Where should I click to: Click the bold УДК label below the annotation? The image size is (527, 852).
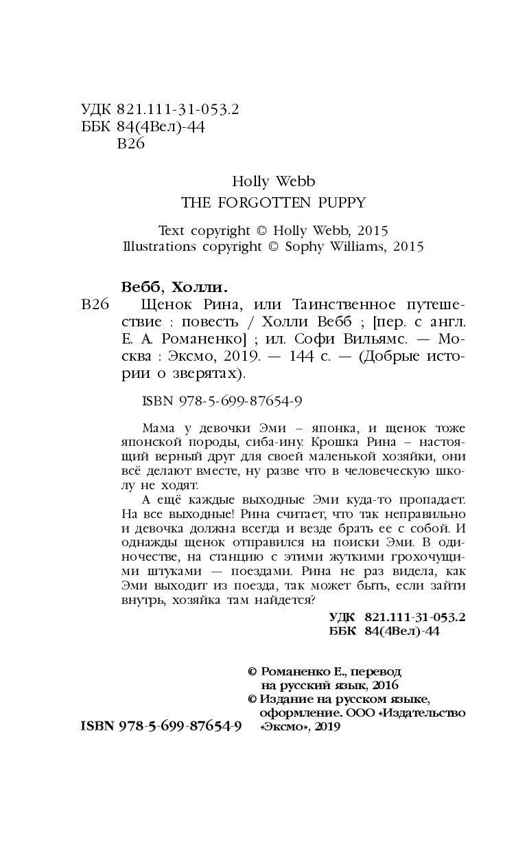coord(343,618)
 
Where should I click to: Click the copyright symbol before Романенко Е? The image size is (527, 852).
coord(250,672)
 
